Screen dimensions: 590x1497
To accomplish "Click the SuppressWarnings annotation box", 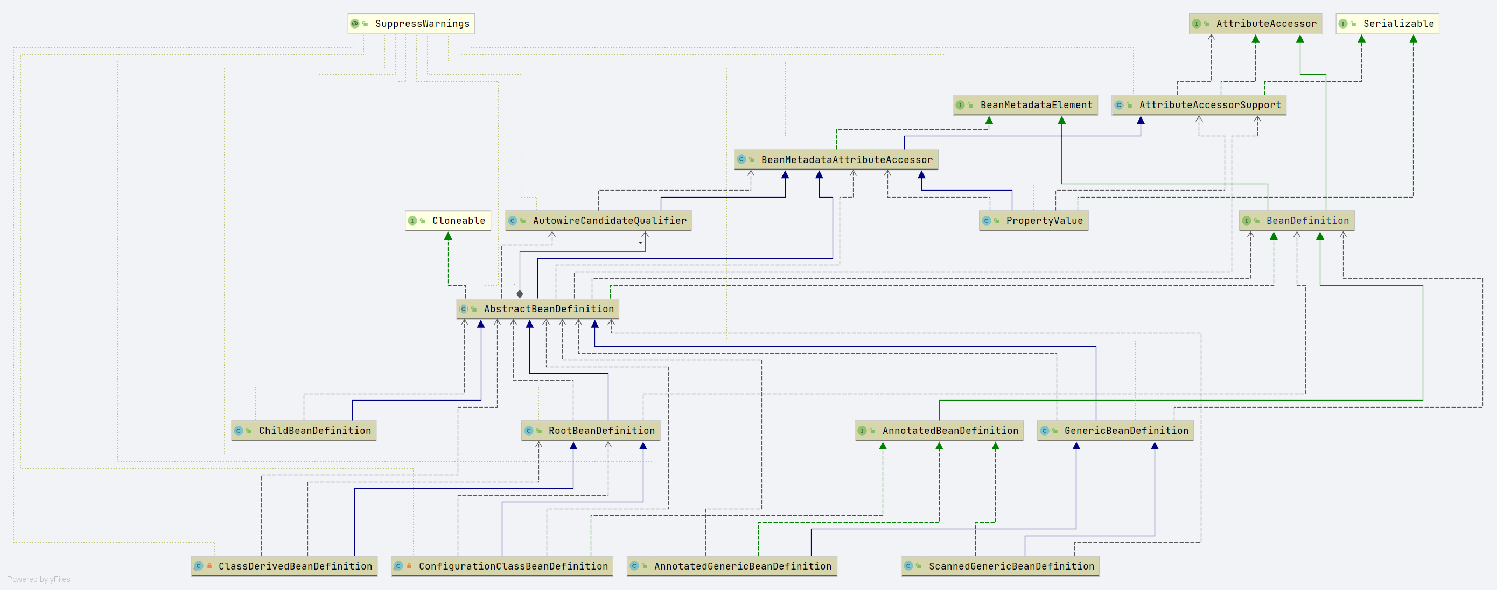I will click(x=411, y=24).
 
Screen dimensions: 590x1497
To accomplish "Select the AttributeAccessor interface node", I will click(x=1255, y=24).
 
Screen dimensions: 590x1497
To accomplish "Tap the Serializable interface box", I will click(x=1387, y=24).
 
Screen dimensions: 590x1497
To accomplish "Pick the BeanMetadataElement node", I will click(x=1025, y=105).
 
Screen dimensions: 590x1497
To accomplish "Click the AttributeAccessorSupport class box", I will click(x=1198, y=105).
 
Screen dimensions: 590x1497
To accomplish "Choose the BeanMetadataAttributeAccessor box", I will click(x=836, y=160).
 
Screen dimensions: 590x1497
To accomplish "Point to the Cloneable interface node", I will click(x=447, y=221).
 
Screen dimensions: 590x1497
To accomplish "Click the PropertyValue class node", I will click(x=1033, y=221).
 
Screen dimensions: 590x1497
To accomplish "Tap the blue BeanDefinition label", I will click(x=1307, y=221).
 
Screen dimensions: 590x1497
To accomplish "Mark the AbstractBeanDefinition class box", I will click(x=537, y=309).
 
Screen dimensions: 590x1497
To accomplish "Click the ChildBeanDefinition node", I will click(x=303, y=431).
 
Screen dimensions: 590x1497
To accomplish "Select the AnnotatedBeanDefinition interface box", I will click(x=939, y=431).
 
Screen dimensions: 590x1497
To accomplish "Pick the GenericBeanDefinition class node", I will click(x=1115, y=431).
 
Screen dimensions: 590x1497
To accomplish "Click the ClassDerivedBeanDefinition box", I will click(x=284, y=566).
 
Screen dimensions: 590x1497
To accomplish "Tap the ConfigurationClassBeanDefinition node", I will click(x=502, y=566).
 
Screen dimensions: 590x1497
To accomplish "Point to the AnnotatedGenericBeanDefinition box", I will click(x=732, y=566).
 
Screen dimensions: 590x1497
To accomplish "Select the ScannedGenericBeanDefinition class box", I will click(x=999, y=566).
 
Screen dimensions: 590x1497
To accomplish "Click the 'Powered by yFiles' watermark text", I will click(x=38, y=580).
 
